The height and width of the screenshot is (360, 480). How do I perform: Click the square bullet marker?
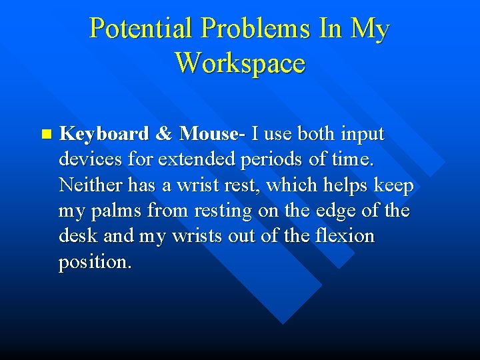(45, 134)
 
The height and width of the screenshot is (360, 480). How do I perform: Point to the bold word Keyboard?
(103, 134)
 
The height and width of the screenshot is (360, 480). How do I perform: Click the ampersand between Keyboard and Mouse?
(163, 134)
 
